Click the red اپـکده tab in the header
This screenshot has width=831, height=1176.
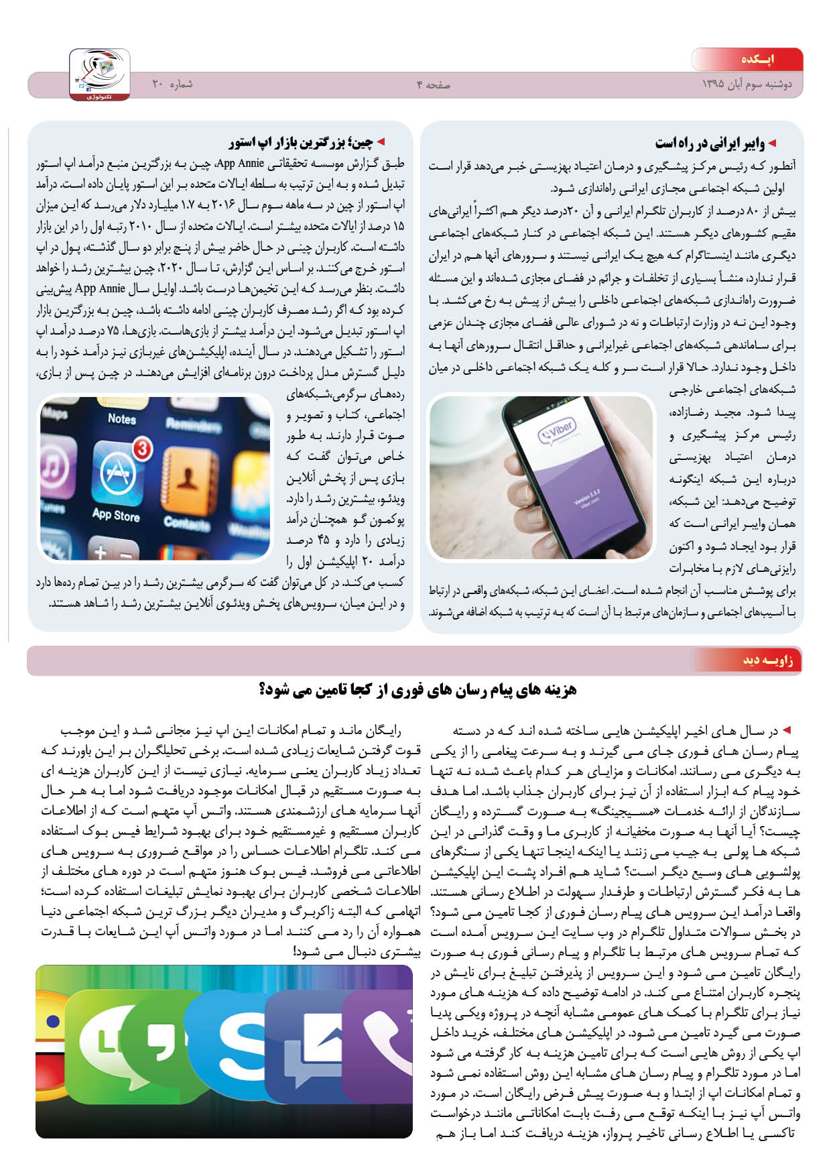tap(757, 60)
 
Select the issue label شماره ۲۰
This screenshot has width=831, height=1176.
tap(172, 84)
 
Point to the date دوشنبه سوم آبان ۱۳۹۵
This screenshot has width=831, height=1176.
tap(747, 84)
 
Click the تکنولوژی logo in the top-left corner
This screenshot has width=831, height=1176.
tap(99, 74)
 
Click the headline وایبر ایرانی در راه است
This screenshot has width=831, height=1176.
tap(710, 143)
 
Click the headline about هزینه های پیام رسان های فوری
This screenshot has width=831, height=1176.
tap(417, 689)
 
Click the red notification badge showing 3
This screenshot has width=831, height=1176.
tap(141, 449)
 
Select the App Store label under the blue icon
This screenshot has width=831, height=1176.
tap(116, 515)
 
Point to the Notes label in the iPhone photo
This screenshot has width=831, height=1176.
tap(122, 418)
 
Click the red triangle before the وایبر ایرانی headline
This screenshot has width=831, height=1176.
tap(772, 143)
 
